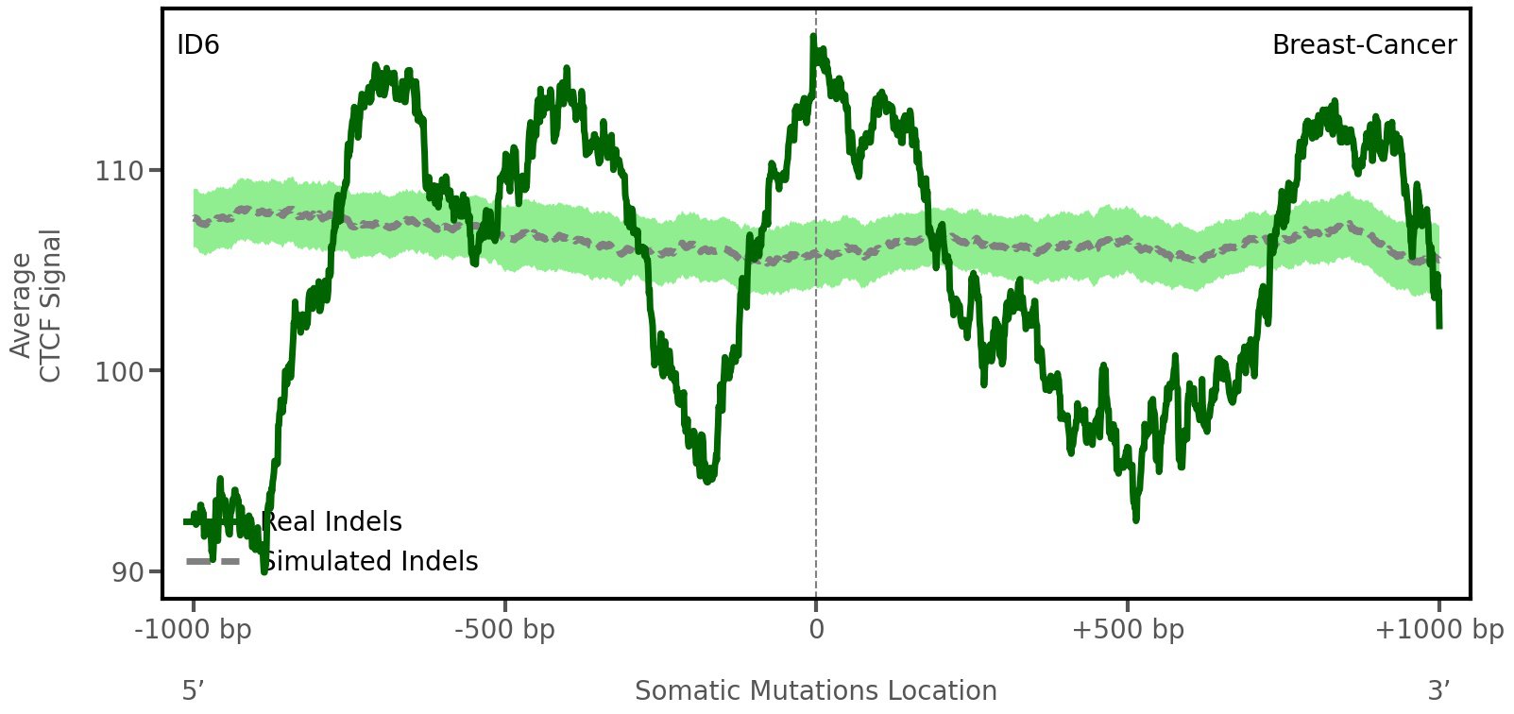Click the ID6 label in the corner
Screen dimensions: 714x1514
[x=198, y=45]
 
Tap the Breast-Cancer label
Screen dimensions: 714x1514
[x=1364, y=45]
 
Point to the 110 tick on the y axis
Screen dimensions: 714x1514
[x=119, y=171]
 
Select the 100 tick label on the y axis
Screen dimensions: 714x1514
[x=119, y=371]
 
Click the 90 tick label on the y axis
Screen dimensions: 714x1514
[x=128, y=572]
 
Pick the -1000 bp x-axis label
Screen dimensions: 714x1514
[x=194, y=630]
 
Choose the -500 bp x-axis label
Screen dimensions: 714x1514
[x=504, y=630]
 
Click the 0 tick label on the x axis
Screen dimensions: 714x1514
[x=816, y=630]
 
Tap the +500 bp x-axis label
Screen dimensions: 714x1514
[x=1128, y=630]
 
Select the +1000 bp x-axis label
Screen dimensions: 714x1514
[x=1438, y=630]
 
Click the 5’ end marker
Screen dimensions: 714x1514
[x=194, y=691]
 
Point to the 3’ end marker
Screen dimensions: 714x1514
[x=1438, y=691]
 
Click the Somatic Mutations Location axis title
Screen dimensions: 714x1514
[x=816, y=691]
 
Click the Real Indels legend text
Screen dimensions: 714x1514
[x=332, y=522]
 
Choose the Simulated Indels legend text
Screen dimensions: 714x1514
[x=369, y=562]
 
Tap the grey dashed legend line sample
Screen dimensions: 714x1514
[x=212, y=562]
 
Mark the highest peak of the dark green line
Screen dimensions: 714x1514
[x=812, y=37]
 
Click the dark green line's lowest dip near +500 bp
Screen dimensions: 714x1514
[x=1135, y=518]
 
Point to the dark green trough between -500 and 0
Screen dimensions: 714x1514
[x=708, y=481]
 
